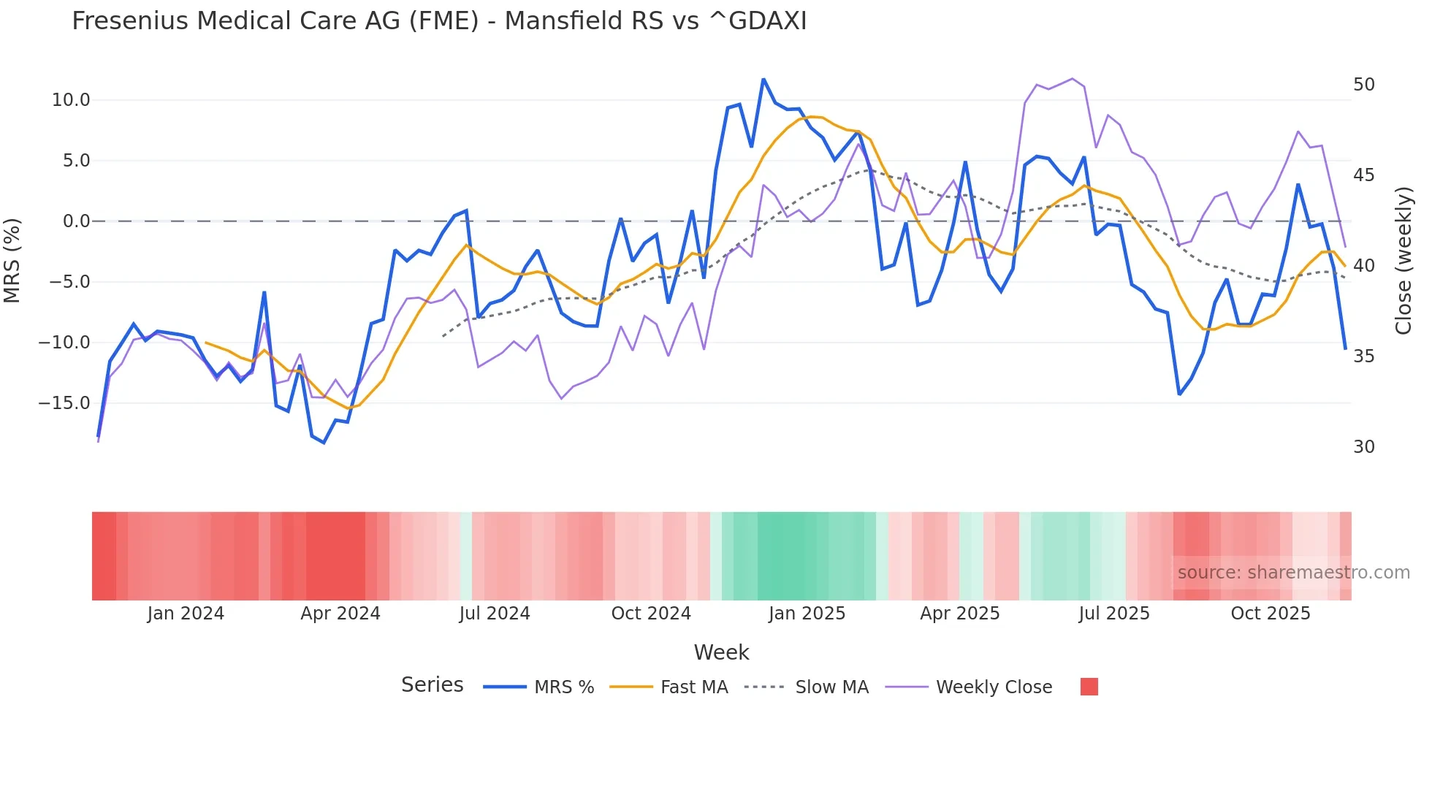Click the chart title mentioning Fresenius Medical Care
coord(439,21)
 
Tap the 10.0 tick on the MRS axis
coord(71,100)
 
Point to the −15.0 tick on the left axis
coord(64,403)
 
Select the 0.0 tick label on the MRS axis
coord(76,221)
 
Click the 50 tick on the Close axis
coord(1363,85)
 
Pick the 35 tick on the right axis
coord(1363,356)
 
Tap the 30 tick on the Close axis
coord(1363,447)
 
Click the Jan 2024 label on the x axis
coord(186,614)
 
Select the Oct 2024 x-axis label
coord(651,614)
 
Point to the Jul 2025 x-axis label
coord(1114,614)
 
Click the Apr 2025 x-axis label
coord(959,614)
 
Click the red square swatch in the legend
coord(1089,687)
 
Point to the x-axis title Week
coord(721,652)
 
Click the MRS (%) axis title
coord(12,261)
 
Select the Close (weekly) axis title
coord(1403,261)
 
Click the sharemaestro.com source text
coord(1293,573)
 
